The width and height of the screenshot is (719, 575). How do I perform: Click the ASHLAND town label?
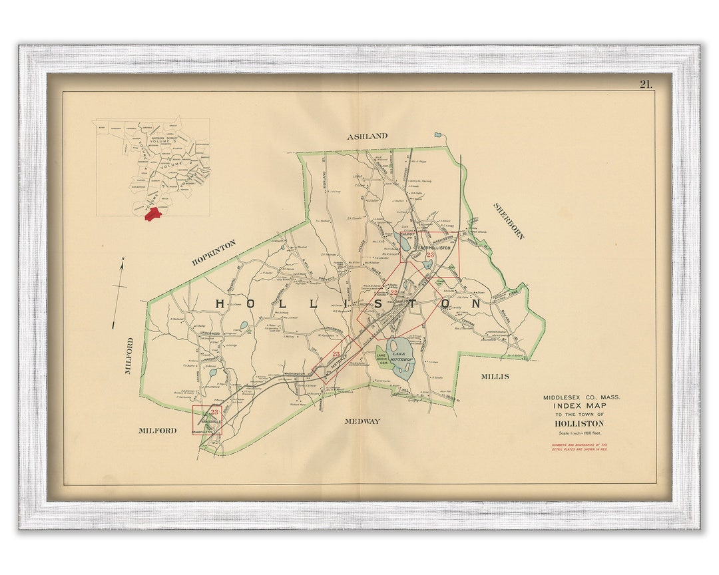(367, 136)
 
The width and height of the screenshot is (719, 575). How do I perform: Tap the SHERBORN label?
(509, 221)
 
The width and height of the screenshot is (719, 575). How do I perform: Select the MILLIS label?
(495, 377)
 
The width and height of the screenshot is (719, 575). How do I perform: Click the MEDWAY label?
(362, 421)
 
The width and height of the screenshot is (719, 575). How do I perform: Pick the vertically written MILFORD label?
(129, 355)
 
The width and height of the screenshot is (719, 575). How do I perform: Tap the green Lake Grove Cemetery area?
(381, 359)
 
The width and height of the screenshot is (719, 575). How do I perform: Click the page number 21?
(645, 84)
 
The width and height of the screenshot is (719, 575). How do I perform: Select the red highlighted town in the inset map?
(154, 213)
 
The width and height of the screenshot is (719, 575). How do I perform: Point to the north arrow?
(120, 293)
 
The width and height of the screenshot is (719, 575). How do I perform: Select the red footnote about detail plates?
(579, 447)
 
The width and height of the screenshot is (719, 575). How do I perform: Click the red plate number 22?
(393, 292)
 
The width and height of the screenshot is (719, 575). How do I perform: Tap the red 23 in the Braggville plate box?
(214, 413)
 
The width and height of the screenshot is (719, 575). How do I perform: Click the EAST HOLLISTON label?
(434, 248)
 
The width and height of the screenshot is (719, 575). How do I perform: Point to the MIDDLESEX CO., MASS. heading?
(581, 397)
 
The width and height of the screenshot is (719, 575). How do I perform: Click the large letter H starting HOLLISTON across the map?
(221, 303)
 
